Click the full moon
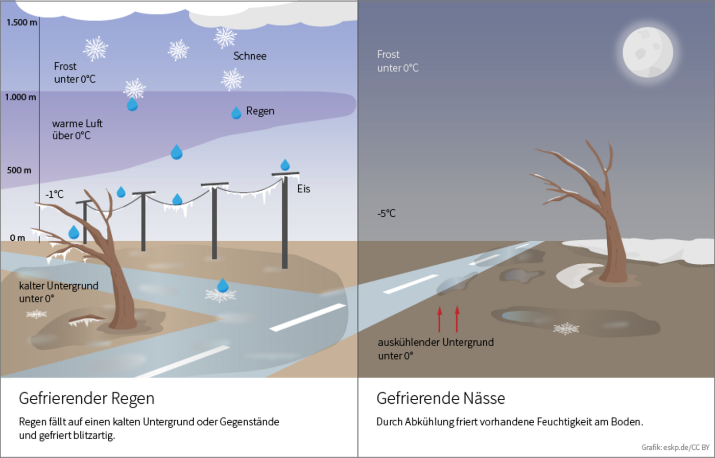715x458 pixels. pos(648,52)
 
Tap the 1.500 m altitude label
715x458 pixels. pos(21,22)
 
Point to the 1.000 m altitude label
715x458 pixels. pos(21,97)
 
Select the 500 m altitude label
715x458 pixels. pos(19,170)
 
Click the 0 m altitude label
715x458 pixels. pos(17,238)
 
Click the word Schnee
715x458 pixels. pos(250,56)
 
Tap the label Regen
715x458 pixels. pos(260,111)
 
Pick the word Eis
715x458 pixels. pos(303,189)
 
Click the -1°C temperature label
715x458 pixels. pos(55,195)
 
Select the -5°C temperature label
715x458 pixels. pos(387,214)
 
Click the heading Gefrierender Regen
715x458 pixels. pos(86,398)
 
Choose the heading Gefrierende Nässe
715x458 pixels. pos(440,398)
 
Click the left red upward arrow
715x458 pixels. pos(439,319)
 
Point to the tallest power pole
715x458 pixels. pos(284,220)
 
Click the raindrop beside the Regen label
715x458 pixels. pos(236,113)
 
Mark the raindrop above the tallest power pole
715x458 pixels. pos(285,165)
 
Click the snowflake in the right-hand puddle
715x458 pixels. pos(566,328)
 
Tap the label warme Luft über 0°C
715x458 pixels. pos(77,130)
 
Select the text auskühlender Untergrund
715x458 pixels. pos(436,342)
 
